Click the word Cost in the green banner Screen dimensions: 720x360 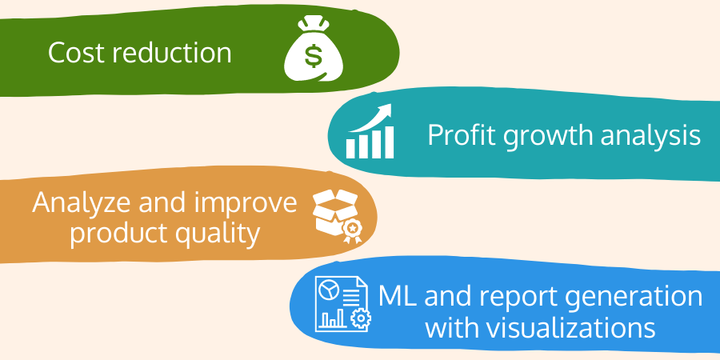point(77,53)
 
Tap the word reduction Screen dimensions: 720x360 point(172,52)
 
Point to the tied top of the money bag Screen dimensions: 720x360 point(314,23)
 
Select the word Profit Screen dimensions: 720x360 point(462,134)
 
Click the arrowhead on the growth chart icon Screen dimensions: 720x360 point(385,110)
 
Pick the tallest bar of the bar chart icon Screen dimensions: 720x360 point(389,142)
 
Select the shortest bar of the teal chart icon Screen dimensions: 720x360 point(351,148)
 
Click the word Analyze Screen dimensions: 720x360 point(82,203)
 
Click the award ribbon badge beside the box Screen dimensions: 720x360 point(352,230)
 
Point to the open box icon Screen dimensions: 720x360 point(334,213)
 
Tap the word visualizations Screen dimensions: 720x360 point(540,328)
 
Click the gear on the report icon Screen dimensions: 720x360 point(361,318)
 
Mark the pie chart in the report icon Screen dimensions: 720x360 point(330,290)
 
